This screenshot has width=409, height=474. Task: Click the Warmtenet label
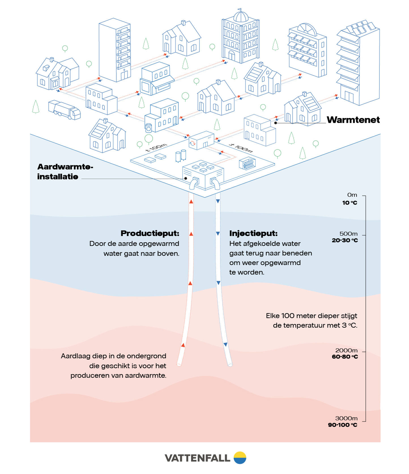353,120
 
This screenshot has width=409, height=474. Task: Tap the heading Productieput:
150,233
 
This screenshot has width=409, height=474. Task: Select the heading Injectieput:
253,233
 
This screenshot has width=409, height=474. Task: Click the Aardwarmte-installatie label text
65,171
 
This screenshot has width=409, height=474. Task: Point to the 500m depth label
348,234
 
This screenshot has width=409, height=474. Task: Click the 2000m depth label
346,350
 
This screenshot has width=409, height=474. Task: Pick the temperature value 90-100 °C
342,425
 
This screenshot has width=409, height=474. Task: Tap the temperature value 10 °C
350,203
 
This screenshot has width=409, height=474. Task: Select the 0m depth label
352,195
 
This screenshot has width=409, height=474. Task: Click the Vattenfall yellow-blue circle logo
240,458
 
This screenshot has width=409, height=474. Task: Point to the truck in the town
64,110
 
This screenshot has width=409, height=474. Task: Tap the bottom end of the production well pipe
179,364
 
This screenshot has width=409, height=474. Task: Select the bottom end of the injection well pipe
230,365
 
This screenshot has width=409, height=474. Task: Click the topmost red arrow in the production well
191,201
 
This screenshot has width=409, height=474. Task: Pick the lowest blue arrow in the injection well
225,345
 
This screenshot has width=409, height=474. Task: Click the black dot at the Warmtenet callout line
276,123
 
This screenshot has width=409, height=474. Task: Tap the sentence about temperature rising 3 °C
311,320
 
